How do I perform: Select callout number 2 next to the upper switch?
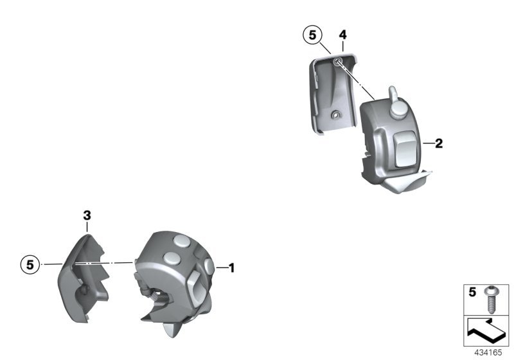click(439, 144)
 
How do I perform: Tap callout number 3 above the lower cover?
click(87, 216)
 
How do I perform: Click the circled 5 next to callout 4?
click(313, 35)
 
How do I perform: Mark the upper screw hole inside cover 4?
click(337, 62)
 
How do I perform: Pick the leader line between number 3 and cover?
click(87, 228)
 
